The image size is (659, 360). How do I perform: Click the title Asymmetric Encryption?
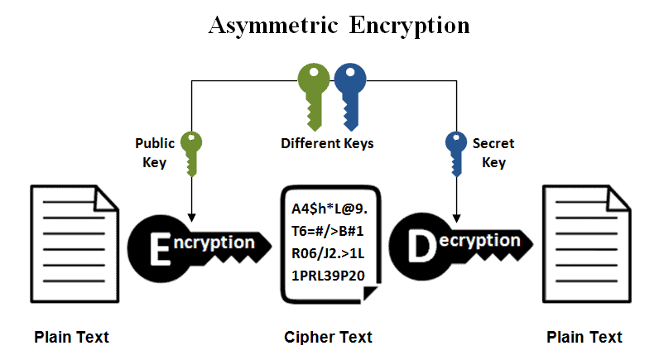338,25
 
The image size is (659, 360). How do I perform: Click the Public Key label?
155,153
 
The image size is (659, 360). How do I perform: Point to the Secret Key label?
493,153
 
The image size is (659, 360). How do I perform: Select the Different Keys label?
327,144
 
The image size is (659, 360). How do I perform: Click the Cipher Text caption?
328,337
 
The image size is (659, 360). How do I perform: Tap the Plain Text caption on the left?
71,337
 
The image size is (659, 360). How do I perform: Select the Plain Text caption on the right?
584,337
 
